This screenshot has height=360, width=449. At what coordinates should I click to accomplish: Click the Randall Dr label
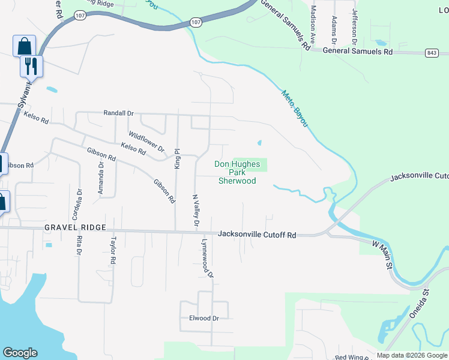pos(118,113)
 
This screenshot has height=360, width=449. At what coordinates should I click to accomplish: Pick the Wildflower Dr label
pos(146,142)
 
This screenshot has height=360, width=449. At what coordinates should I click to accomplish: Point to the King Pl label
pos(177,159)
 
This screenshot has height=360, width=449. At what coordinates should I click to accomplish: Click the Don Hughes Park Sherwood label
pos(237,172)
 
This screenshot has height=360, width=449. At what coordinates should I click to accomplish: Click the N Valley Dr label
pos(196,209)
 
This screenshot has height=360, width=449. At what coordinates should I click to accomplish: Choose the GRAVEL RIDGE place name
pos(75,228)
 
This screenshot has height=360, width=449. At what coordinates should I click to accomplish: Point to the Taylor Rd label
pos(112,251)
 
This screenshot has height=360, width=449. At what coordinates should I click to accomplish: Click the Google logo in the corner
pos(20,353)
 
